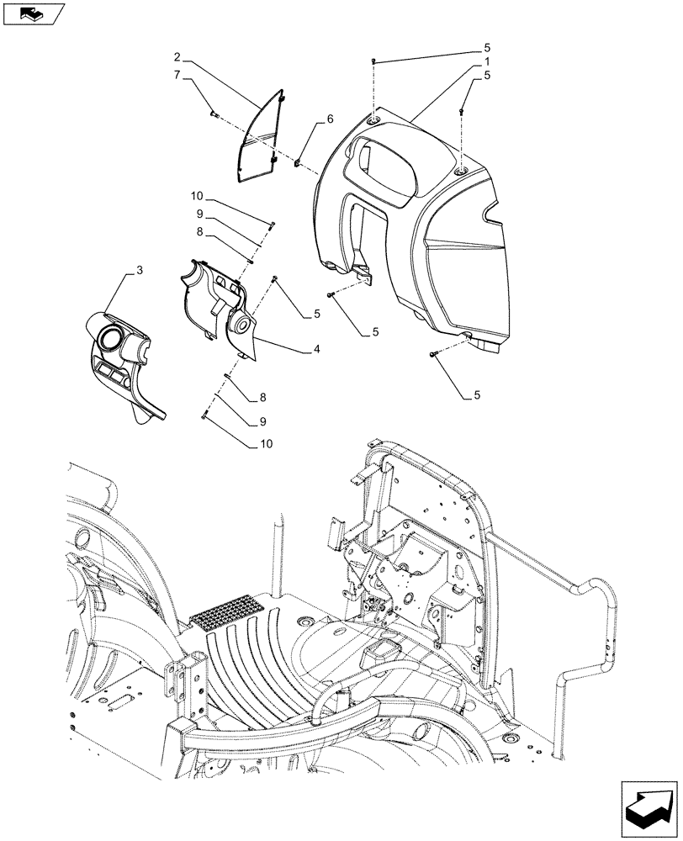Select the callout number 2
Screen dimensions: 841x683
point(178,57)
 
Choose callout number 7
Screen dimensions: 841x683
point(177,75)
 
